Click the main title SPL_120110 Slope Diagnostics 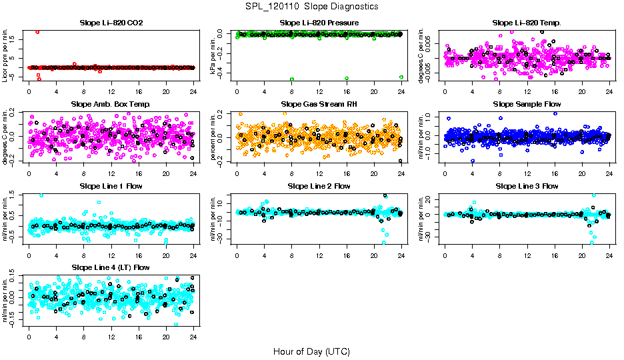[311, 6]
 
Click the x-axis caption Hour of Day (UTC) [311, 351]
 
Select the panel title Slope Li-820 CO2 [111, 23]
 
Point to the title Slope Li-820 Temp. [527, 23]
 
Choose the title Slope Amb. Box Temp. [111, 104]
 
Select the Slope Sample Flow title [527, 104]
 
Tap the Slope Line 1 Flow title [111, 186]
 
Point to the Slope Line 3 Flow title [527, 186]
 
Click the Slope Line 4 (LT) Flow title [111, 267]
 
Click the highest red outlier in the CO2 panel [37, 32]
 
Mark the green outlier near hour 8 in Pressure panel [292, 78]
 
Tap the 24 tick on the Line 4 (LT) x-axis [193, 337]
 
